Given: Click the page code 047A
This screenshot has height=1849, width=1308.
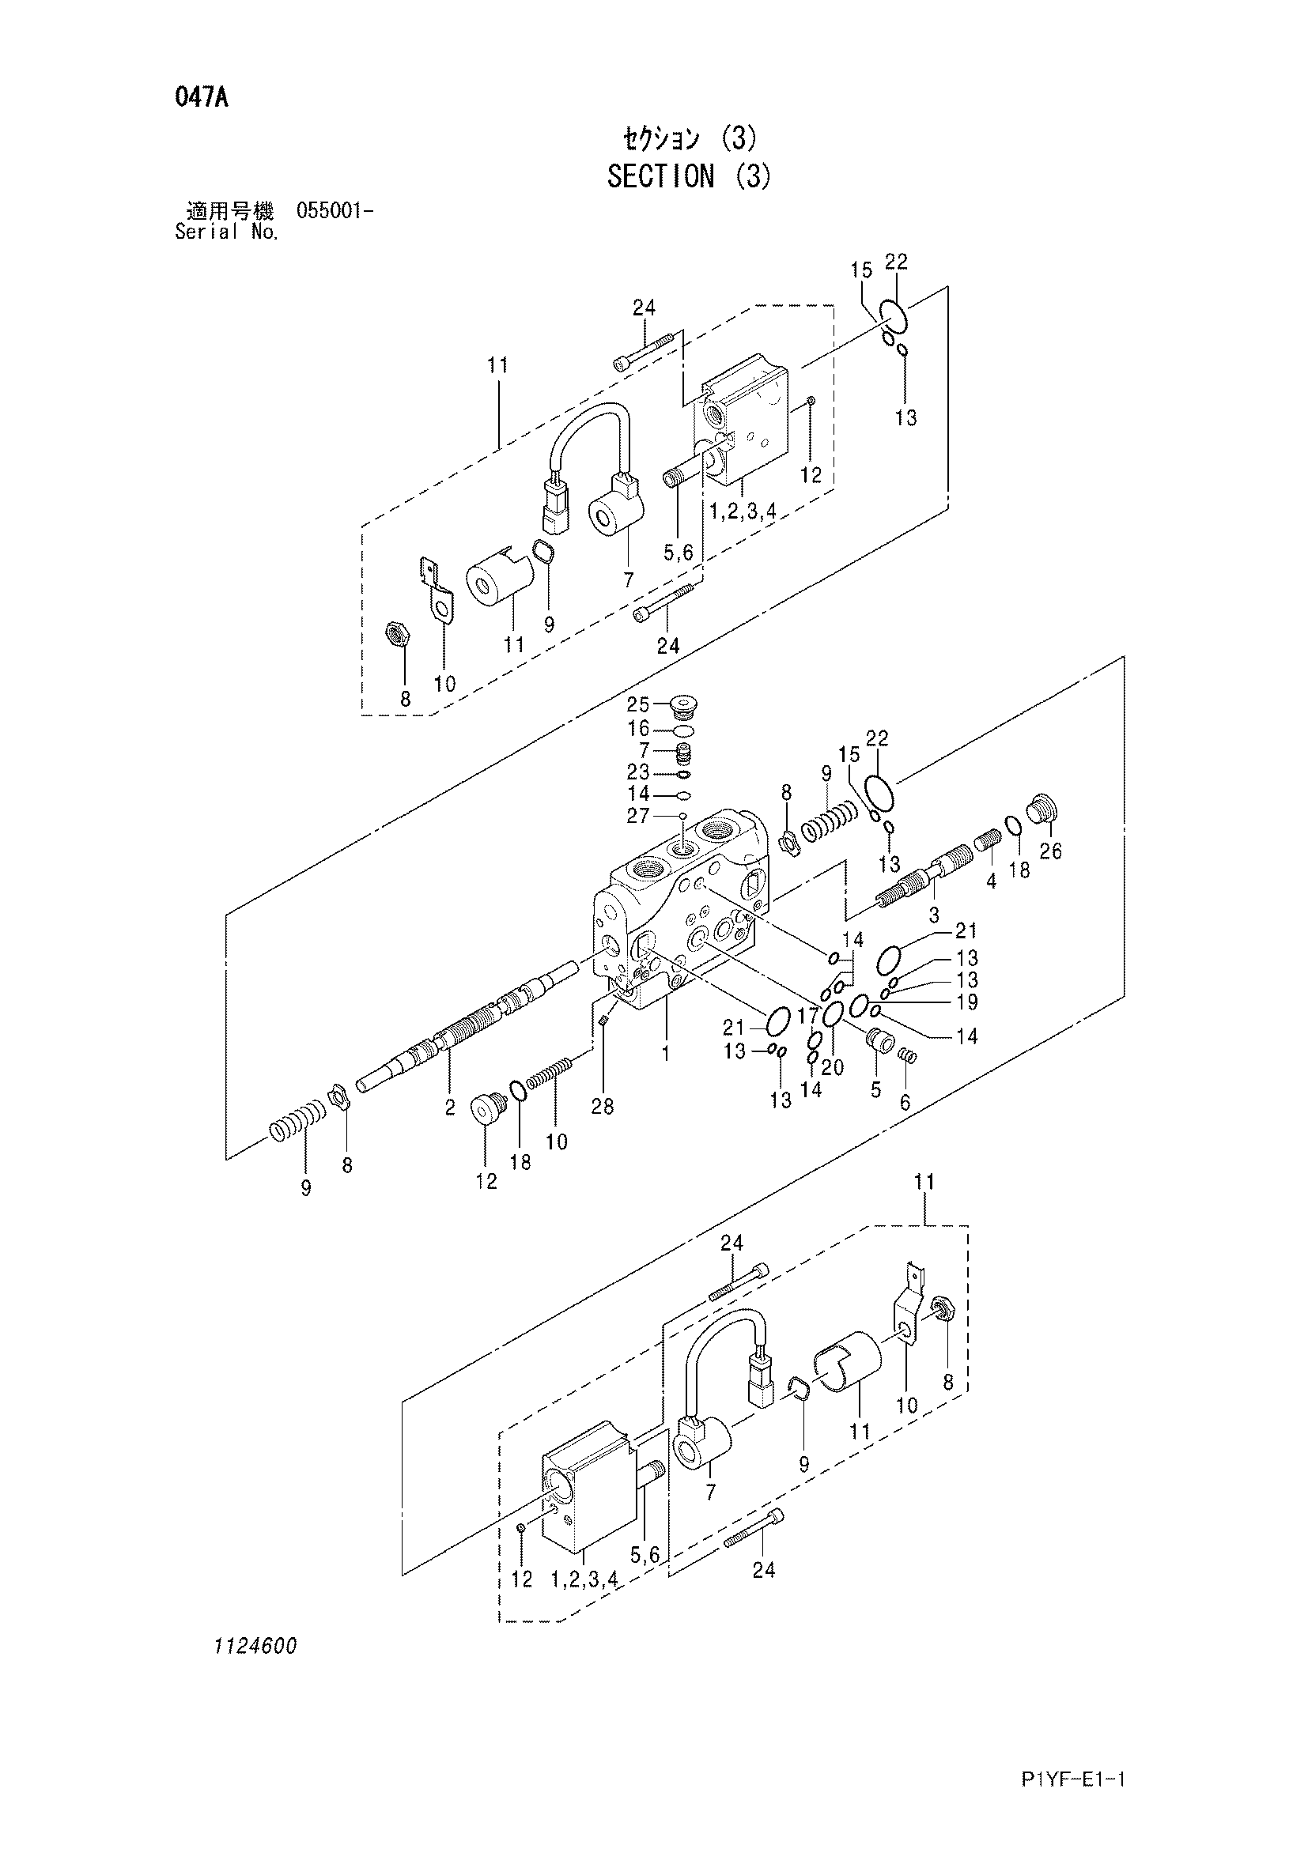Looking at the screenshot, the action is [202, 98].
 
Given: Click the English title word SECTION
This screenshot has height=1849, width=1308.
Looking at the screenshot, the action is [660, 175].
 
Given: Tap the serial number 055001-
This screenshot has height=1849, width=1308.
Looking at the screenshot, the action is [335, 212].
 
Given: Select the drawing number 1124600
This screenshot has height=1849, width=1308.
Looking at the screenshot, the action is [255, 1647].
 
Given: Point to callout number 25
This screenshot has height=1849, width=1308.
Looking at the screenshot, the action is [638, 704].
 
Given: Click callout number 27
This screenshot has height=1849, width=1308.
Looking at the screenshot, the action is [638, 816].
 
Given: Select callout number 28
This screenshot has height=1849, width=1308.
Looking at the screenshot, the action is [603, 1107].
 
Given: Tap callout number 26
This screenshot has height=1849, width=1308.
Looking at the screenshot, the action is [1050, 851].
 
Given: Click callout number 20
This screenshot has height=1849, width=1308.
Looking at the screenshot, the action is [833, 1067].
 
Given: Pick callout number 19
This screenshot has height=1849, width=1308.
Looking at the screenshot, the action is [966, 1002].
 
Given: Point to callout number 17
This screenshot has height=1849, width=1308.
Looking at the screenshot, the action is [808, 1017].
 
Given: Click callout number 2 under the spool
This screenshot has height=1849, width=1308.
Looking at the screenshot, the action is [450, 1108].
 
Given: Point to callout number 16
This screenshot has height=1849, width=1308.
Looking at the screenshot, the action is [638, 729].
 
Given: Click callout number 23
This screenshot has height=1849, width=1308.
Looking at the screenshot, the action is [638, 772].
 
